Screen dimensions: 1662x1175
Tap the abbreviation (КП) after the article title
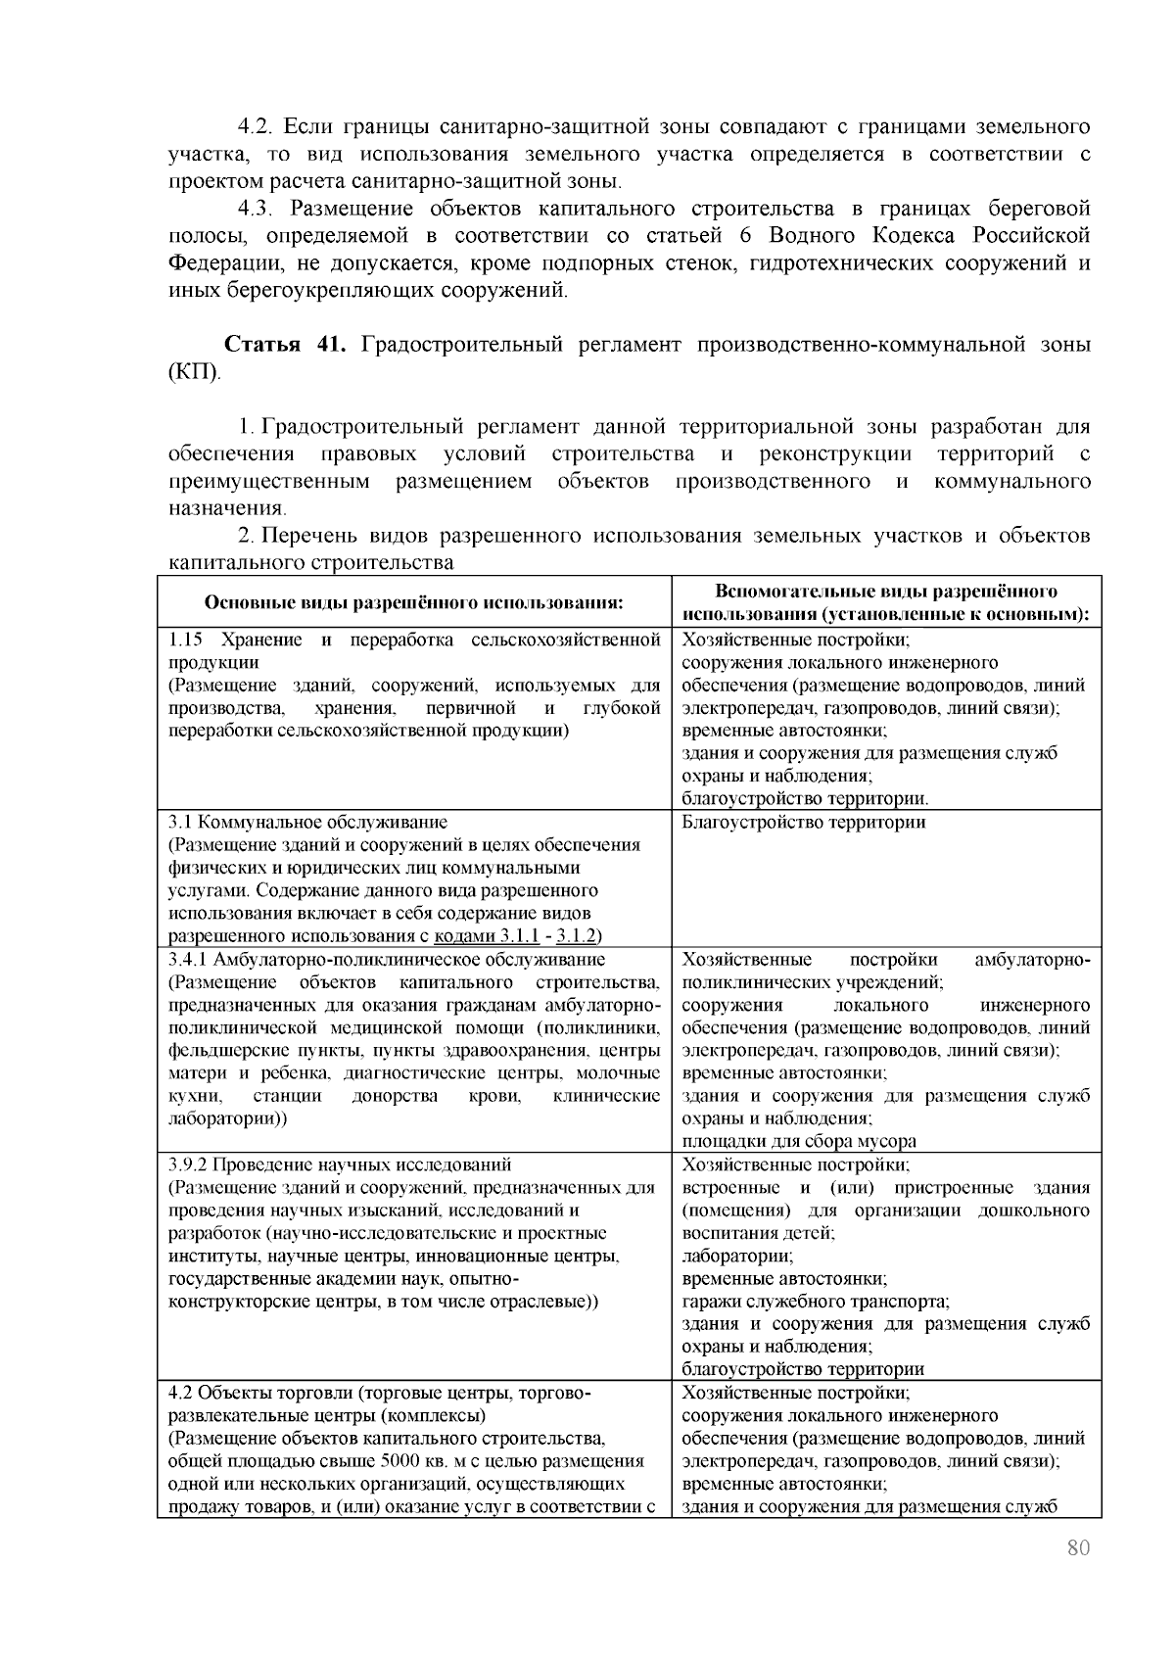195,372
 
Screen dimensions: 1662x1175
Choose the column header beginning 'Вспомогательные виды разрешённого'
885,592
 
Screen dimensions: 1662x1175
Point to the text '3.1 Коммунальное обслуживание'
307,822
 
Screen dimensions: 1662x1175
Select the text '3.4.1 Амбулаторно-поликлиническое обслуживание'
387,959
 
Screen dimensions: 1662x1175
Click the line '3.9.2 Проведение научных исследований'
340,1164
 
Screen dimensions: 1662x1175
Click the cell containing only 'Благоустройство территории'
803,822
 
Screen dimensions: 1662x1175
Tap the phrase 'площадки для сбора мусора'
799,1141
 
